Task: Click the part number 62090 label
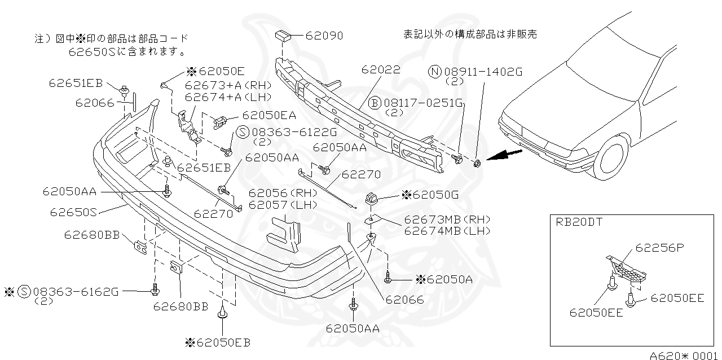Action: (x=324, y=36)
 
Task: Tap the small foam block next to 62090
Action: (x=283, y=37)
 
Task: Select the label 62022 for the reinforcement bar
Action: (x=381, y=69)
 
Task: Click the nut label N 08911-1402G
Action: (x=476, y=72)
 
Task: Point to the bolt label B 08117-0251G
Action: (x=416, y=103)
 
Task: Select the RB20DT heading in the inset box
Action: (x=579, y=222)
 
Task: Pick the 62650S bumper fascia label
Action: (x=74, y=213)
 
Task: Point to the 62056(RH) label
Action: (x=283, y=192)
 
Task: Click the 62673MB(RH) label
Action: (x=447, y=219)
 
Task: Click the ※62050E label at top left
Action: (x=215, y=71)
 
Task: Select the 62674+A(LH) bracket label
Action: (x=228, y=96)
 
